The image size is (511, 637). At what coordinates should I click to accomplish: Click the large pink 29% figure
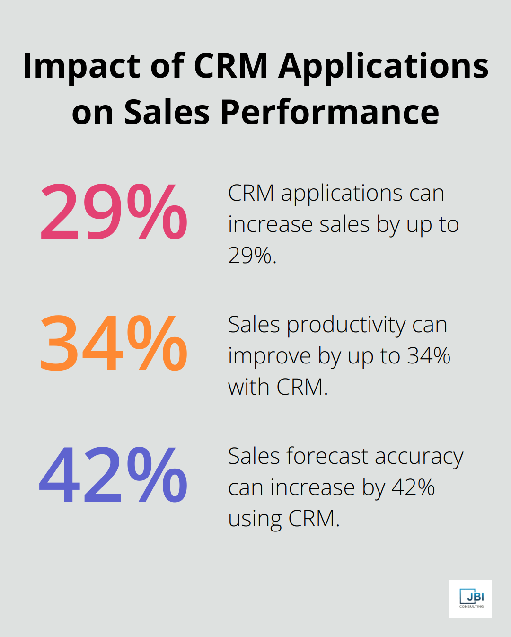coord(114,212)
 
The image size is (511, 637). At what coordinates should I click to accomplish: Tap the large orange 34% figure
coord(114,344)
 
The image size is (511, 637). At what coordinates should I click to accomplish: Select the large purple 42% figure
coord(114,475)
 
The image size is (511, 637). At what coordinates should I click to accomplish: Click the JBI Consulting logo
coord(471,599)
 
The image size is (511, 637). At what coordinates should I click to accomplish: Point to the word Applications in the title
coord(383,66)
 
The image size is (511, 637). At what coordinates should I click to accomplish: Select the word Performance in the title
coord(329,113)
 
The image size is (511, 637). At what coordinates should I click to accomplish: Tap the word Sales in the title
coord(167,113)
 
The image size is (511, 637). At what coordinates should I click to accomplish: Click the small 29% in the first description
coord(251,256)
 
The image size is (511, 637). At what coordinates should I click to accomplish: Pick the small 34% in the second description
coord(429,356)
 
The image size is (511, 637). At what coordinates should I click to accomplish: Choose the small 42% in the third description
coord(413,487)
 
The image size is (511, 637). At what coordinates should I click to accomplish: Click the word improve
coord(269,356)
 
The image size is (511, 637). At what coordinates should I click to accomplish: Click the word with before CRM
coord(249,387)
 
